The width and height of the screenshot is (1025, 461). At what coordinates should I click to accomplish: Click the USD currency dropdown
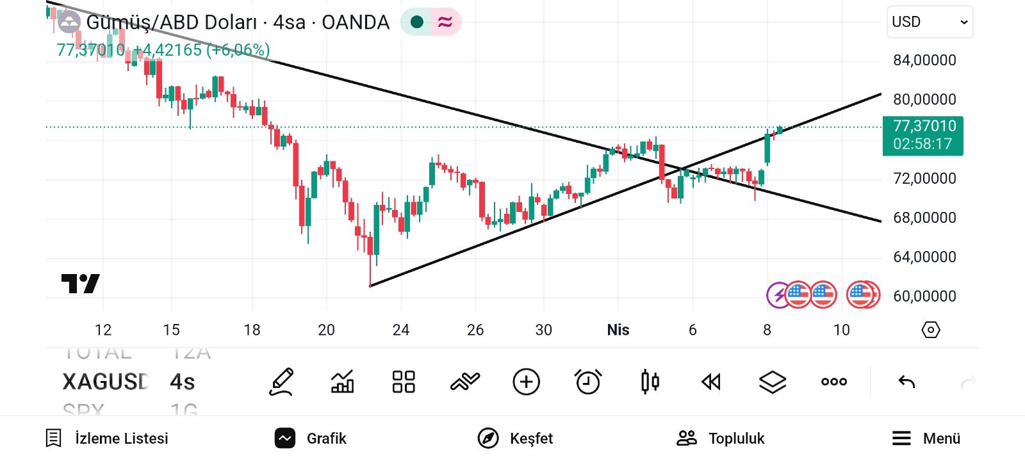tap(929, 22)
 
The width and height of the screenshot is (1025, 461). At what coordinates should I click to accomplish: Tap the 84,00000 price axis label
tap(924, 60)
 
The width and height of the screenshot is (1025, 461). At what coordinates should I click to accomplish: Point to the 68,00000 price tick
tap(924, 218)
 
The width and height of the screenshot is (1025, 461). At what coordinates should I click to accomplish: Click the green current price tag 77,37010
tap(922, 135)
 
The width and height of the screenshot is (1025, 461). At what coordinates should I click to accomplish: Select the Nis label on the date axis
tap(618, 330)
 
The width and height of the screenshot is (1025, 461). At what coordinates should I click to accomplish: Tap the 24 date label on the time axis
tap(400, 330)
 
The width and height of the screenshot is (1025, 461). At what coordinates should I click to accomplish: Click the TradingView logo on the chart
tap(80, 283)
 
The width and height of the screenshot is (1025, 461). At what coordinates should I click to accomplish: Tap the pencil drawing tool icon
tap(281, 382)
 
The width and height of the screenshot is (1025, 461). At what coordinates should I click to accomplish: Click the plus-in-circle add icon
tap(526, 382)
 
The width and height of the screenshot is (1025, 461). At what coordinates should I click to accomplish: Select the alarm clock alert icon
tap(587, 382)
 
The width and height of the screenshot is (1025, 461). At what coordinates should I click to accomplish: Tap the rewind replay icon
tap(710, 382)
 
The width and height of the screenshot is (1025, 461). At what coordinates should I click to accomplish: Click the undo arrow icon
tap(906, 382)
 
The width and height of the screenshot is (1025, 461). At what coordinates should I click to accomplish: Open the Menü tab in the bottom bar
tap(926, 439)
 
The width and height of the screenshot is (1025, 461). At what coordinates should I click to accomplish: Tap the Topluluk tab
tap(721, 439)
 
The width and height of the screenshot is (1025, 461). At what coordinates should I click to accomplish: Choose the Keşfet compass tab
tap(515, 439)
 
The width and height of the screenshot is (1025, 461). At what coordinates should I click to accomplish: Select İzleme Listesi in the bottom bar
tap(107, 439)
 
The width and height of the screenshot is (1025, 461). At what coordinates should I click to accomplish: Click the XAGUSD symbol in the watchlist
tap(105, 382)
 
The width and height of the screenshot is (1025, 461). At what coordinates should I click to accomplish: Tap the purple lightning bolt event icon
tap(778, 295)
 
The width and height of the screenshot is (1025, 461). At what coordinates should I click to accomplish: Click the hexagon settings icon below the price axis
tap(930, 330)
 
